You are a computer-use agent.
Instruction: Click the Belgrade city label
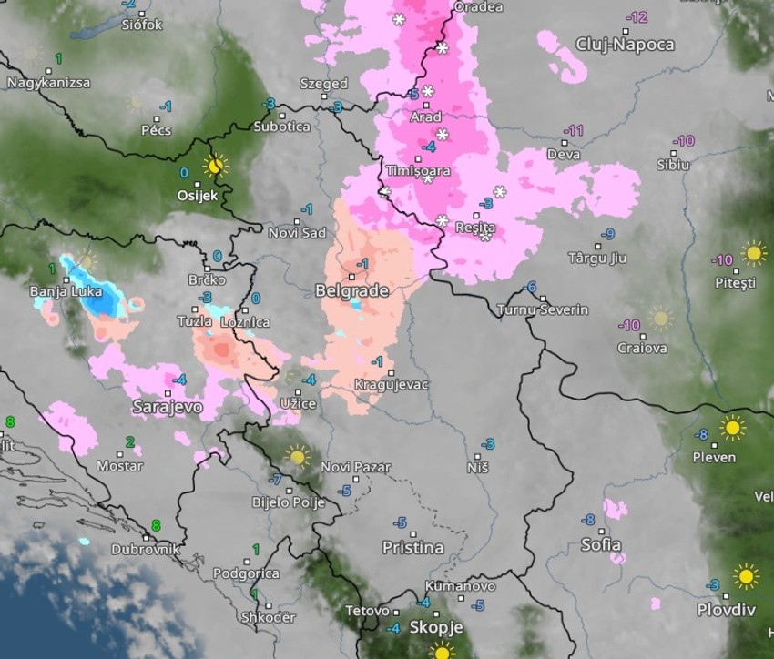[x=351, y=291]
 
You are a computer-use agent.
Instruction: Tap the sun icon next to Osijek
[x=216, y=166]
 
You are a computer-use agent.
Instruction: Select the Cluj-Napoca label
[x=625, y=44]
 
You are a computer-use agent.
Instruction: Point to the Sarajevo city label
[x=167, y=407]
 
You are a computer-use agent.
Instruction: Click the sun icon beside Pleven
[x=731, y=427]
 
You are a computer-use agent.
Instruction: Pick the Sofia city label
[x=600, y=545]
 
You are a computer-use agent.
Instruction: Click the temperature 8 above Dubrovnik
[x=156, y=525]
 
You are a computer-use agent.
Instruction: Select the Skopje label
[x=436, y=627]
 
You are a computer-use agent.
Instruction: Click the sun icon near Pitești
[x=753, y=252]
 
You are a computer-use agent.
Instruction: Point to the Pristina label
[x=412, y=547]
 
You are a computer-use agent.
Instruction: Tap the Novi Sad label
[x=297, y=233]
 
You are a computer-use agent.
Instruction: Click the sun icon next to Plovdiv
[x=746, y=575]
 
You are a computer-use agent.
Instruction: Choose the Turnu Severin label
[x=543, y=310]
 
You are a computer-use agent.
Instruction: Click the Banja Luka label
[x=60, y=292]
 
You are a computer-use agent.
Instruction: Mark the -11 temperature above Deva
[x=573, y=131]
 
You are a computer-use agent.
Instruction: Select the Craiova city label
[x=642, y=348]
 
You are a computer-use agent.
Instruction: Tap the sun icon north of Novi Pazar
[x=297, y=456]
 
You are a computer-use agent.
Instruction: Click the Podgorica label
[x=246, y=573]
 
